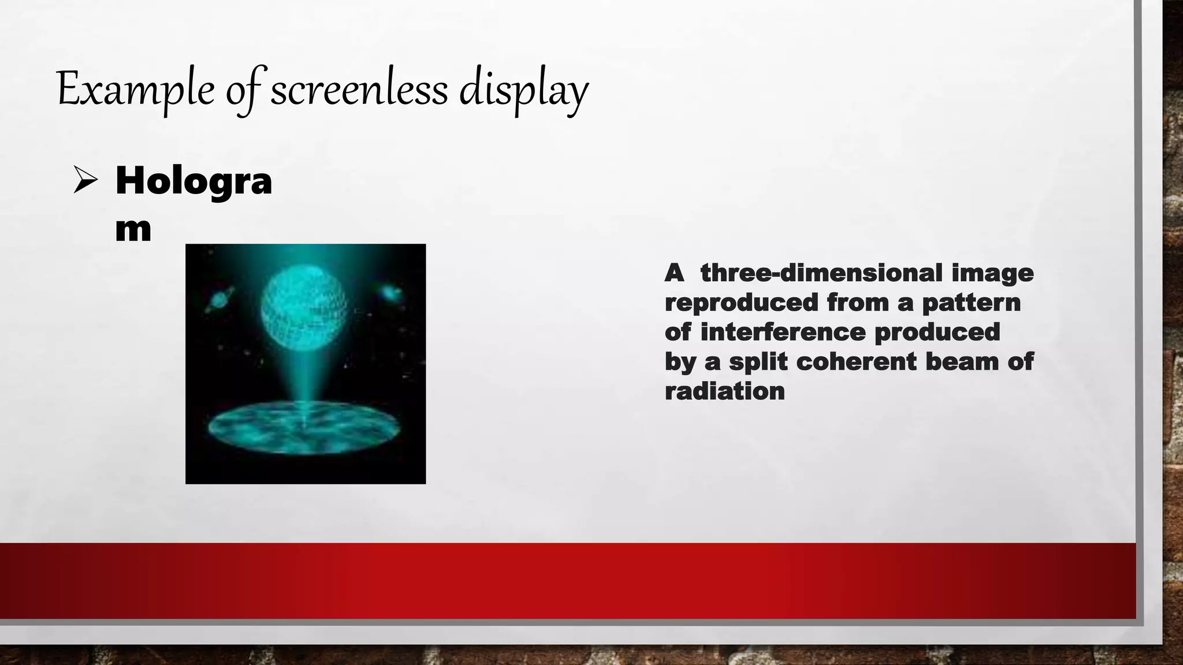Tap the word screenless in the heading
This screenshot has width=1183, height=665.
(359, 90)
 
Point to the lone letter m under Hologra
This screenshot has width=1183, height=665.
(133, 229)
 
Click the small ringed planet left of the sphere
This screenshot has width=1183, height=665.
(220, 298)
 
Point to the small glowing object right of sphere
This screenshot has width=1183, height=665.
(392, 293)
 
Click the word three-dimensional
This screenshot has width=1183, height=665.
(821, 272)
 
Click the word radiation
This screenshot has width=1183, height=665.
(724, 391)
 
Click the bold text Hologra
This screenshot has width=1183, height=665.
(194, 180)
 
